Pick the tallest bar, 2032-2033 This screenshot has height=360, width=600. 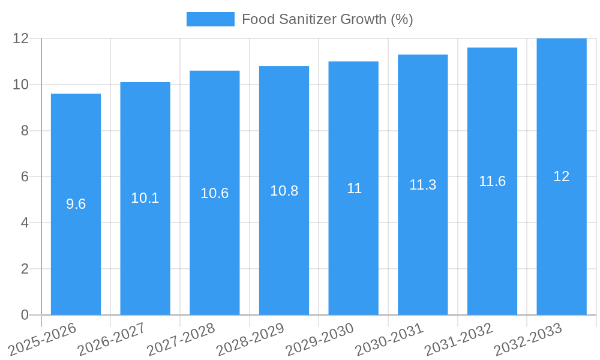562,240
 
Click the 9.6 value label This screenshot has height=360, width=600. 76,204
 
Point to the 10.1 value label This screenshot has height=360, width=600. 145,198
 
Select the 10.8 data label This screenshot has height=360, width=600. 284,191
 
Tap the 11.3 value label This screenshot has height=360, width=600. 423,185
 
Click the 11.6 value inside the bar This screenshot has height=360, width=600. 492,181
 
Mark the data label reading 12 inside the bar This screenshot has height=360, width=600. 562,176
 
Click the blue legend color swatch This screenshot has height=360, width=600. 210,19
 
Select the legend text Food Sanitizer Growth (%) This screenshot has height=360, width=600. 327,19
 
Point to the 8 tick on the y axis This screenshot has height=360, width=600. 25,131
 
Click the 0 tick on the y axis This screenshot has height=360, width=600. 25,315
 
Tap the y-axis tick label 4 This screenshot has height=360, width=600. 25,223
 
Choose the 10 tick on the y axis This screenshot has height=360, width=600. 21,85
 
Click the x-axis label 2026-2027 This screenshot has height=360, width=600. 112,339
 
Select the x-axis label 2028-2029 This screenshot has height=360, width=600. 250,339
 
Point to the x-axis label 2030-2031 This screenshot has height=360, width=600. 389,339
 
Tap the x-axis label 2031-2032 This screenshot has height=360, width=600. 458,339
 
